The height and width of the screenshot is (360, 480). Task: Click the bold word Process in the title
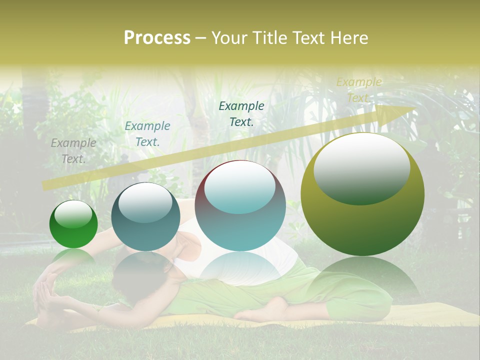pyautogui.click(x=157, y=37)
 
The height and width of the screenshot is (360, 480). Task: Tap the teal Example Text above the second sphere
pyautogui.click(x=147, y=134)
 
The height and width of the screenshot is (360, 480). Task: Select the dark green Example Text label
pyautogui.click(x=241, y=113)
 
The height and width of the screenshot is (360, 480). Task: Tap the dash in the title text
pyautogui.click(x=200, y=38)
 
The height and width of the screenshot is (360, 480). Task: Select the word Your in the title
pyautogui.click(x=228, y=37)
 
